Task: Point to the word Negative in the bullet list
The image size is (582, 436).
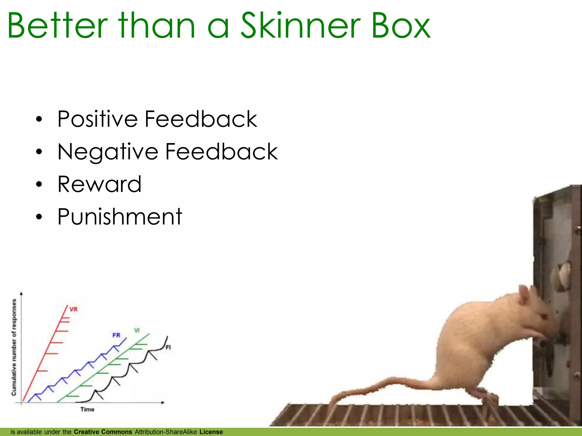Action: [x=108, y=152]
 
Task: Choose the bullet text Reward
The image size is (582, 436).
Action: [x=99, y=184]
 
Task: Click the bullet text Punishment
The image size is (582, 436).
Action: [x=120, y=217]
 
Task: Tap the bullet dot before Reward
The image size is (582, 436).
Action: [x=39, y=185]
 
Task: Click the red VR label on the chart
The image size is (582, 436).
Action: [x=73, y=309]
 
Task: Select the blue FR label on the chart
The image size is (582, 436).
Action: [x=116, y=335]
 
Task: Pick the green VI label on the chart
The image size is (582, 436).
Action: [x=137, y=330]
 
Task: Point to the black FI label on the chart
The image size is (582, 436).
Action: [x=168, y=347]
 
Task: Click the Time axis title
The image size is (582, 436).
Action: [x=87, y=409]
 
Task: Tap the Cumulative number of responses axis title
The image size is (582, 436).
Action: [x=14, y=347]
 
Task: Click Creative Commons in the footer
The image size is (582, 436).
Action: [x=103, y=432]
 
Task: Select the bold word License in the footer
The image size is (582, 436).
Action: [x=211, y=432]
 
